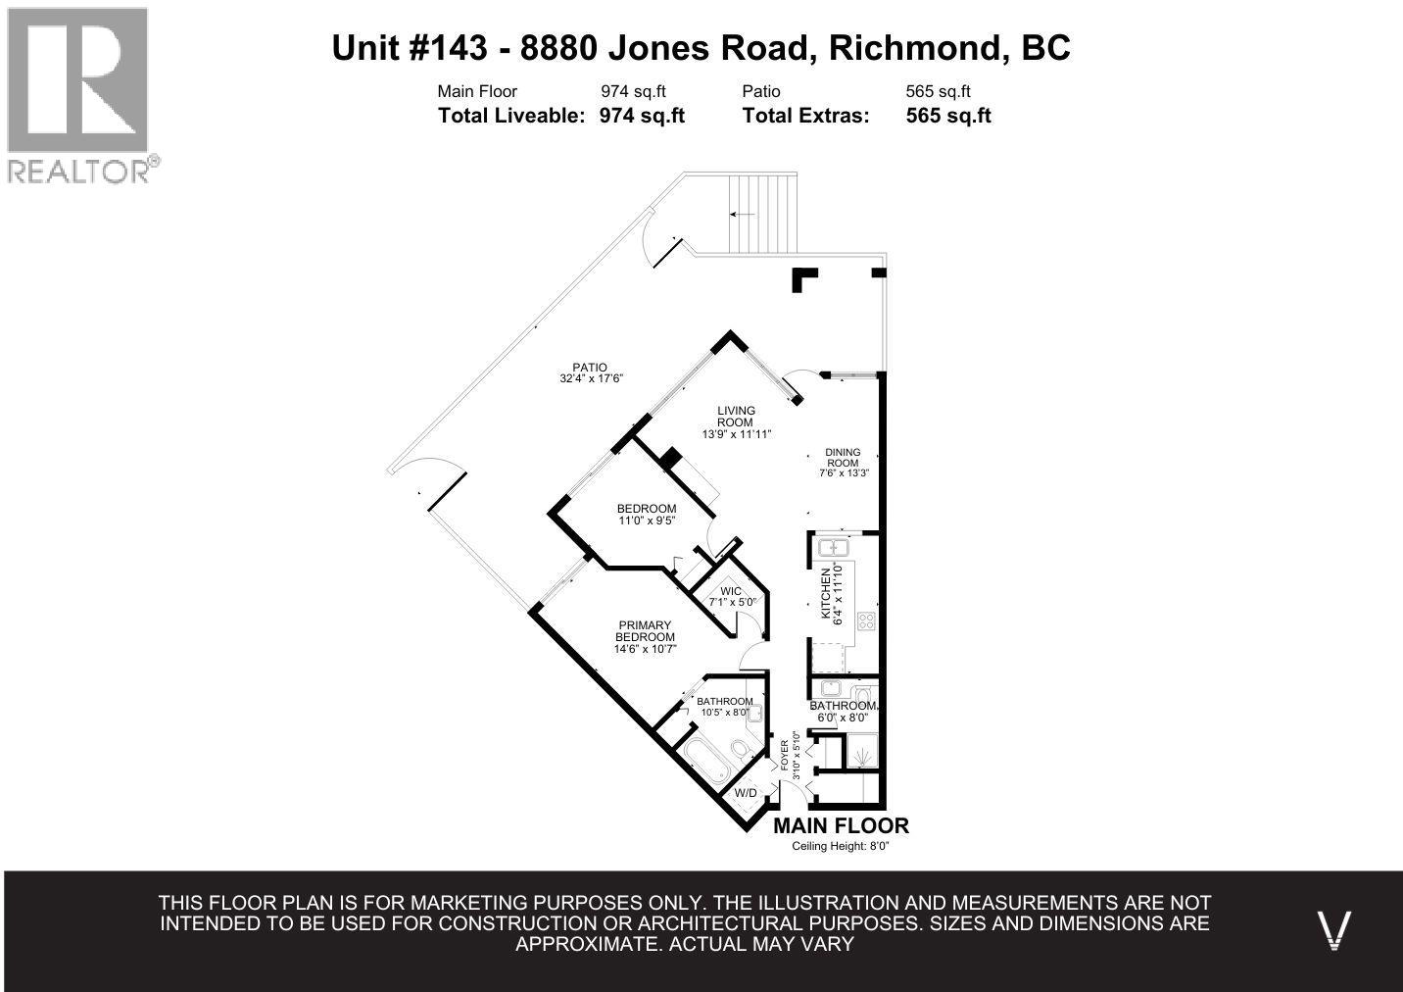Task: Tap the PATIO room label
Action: coord(590,368)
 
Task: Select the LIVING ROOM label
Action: coord(736,417)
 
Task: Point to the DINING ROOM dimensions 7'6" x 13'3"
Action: coord(843,473)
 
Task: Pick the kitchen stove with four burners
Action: coord(866,620)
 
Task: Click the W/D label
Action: coord(746,792)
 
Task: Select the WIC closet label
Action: coord(731,591)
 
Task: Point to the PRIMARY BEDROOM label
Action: coord(645,631)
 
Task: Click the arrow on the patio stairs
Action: coord(742,214)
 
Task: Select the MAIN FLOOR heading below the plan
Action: coord(841,825)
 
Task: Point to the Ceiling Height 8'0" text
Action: coord(841,847)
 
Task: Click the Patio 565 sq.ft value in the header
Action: coord(938,92)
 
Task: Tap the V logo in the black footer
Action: coord(1334,928)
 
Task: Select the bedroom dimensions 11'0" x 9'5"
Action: coord(647,521)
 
